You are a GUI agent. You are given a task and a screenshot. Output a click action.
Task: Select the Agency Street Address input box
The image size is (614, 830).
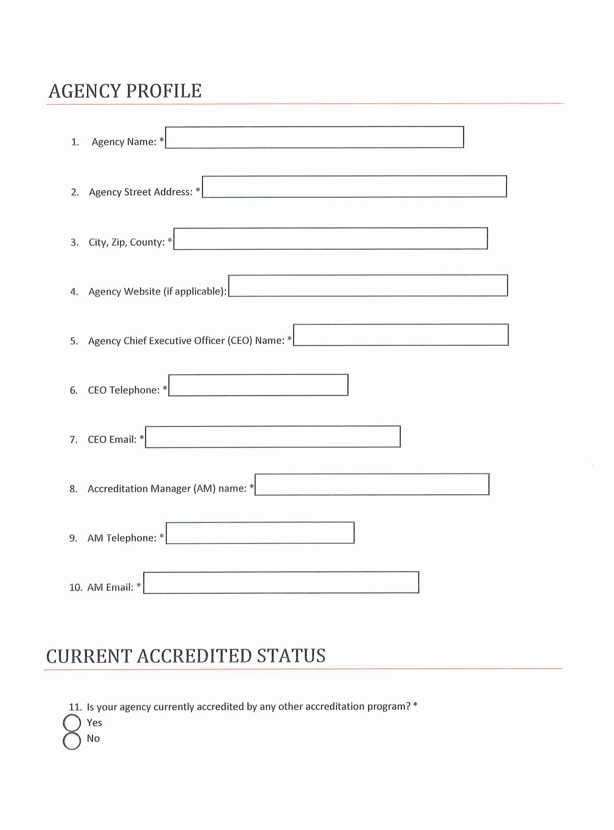coord(354,187)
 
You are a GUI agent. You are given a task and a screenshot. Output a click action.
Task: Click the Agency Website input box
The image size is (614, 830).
coord(368,285)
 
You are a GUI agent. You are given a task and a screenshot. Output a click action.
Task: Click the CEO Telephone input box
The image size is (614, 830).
coord(258,385)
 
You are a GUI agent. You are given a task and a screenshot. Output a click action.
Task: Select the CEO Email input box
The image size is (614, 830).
coord(273,436)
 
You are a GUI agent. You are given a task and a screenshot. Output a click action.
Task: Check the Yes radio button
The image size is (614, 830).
coord(72,723)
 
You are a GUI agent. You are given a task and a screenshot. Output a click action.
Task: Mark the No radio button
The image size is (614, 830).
coord(72,740)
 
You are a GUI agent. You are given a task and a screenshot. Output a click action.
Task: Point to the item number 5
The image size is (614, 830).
coord(74,341)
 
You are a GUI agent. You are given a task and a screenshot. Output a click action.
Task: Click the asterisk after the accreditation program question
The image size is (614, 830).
coord(415,705)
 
